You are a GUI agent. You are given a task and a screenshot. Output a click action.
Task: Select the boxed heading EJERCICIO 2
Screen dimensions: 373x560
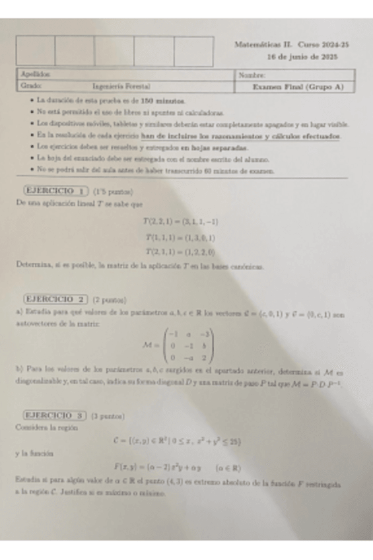point(55,298)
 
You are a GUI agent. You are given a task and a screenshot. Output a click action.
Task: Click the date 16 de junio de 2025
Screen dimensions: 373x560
point(302,57)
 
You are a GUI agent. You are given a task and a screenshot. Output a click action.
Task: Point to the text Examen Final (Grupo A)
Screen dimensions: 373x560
point(298,87)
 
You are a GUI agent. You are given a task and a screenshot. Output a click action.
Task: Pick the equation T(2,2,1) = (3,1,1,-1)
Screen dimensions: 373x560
point(182,223)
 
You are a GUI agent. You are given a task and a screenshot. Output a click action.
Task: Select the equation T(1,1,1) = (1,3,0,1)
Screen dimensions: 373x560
point(182,237)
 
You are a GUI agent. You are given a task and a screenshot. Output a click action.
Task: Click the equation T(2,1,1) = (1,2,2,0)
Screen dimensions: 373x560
point(182,252)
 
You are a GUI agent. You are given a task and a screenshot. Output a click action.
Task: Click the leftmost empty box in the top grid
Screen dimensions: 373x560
point(35,51)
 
